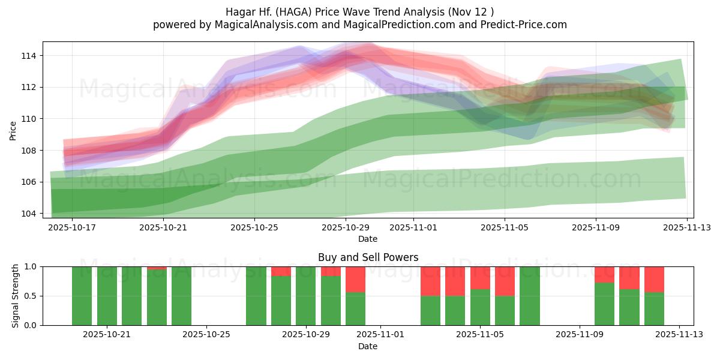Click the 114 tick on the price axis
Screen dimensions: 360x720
tap(29, 56)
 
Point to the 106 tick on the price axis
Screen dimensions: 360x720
tap(29, 182)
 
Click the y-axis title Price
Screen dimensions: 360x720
tap(13, 130)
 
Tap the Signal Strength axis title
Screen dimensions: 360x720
tap(16, 296)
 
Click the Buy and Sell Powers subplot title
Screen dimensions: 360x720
tap(368, 257)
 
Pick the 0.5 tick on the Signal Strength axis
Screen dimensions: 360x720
tap(30, 296)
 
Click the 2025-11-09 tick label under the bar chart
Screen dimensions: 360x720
tap(579, 335)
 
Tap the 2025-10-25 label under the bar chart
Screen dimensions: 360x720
tap(206, 335)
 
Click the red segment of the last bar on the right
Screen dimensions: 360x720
tap(654, 279)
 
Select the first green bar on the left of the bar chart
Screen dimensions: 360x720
tap(82, 296)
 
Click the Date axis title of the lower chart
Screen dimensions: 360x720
tap(368, 346)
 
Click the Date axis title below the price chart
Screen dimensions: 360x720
tap(368, 239)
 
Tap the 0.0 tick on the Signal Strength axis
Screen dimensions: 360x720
tap(30, 325)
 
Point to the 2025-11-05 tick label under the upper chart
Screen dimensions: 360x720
tap(504, 227)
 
